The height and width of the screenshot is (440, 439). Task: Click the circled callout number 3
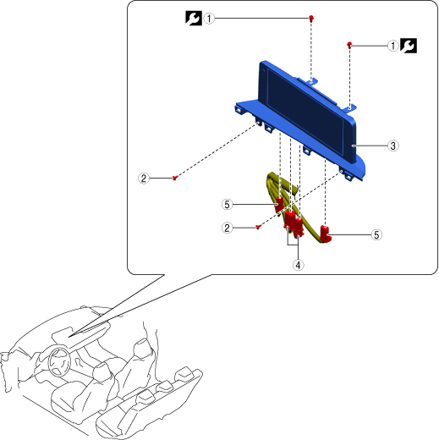click(392, 146)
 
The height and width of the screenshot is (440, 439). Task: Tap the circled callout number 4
click(298, 265)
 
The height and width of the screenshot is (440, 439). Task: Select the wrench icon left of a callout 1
click(194, 19)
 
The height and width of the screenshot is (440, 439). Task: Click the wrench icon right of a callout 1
click(409, 46)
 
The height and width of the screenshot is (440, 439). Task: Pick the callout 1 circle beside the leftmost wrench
click(209, 19)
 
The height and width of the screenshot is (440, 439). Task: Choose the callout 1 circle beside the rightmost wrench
click(393, 46)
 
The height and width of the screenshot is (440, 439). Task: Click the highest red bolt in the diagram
click(311, 19)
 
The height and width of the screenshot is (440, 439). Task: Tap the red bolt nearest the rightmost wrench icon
click(349, 45)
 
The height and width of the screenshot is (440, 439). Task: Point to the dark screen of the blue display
click(305, 112)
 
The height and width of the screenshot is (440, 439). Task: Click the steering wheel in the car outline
click(59, 362)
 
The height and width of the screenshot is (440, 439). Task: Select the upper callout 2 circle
click(144, 179)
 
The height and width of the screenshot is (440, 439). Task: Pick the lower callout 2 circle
click(228, 228)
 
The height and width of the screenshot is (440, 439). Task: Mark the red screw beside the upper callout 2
click(175, 178)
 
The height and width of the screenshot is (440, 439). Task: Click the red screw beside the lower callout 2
click(258, 227)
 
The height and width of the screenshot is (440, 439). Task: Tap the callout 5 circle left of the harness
click(228, 204)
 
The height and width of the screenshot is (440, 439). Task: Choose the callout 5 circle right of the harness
click(376, 234)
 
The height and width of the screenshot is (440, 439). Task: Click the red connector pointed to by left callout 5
click(279, 204)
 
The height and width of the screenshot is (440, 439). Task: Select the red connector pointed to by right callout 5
click(326, 234)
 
